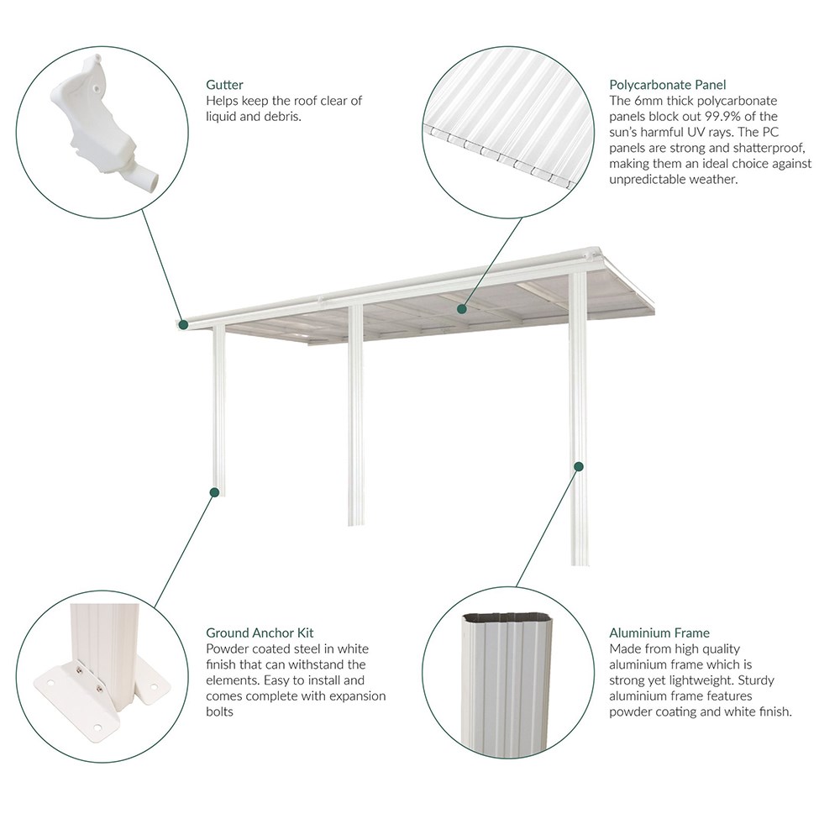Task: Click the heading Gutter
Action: coord(224,85)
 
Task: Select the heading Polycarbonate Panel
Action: coord(667,85)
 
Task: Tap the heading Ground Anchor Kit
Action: coord(260,633)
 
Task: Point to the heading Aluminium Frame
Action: coord(659,633)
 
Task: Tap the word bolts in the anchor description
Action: coord(220,712)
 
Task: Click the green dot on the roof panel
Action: coord(461,309)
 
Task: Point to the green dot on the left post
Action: coord(215,491)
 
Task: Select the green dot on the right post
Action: coord(579,465)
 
